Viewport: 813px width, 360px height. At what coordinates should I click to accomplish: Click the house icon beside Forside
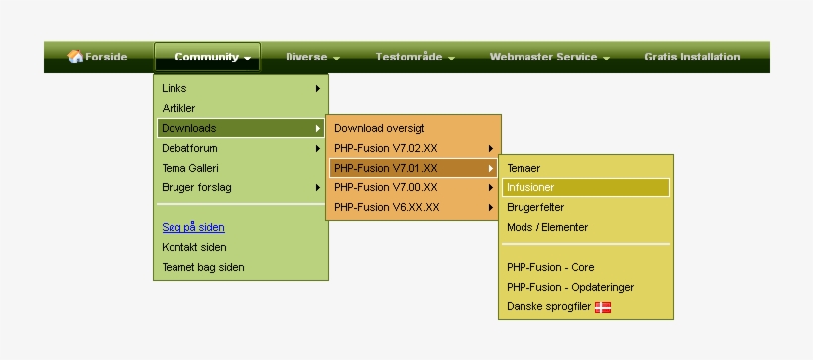[x=75, y=57]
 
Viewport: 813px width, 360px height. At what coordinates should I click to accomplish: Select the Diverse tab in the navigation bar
[x=312, y=57]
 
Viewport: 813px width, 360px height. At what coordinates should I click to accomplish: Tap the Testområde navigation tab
[x=414, y=57]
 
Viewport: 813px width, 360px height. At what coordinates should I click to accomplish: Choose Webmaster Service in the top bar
[x=548, y=57]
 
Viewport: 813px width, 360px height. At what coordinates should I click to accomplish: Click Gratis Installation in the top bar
[x=692, y=57]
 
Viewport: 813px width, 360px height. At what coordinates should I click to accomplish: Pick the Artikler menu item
[x=179, y=108]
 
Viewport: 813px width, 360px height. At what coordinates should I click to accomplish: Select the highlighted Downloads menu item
[x=189, y=128]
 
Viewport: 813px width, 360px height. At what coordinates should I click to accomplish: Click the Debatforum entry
[x=190, y=148]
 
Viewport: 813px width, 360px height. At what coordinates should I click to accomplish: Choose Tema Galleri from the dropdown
[x=190, y=168]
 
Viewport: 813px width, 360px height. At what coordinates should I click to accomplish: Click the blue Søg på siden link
[x=193, y=227]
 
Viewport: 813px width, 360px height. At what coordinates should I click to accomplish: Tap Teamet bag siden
[x=203, y=267]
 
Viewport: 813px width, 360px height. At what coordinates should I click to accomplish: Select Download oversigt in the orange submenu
[x=379, y=128]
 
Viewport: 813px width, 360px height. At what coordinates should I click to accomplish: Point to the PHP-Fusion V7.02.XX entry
[x=386, y=148]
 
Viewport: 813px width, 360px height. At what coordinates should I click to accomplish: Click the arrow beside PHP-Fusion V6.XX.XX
[x=491, y=207]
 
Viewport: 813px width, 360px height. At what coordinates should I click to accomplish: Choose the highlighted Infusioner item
[x=531, y=187]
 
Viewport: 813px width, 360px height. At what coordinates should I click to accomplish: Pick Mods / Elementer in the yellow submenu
[x=547, y=227]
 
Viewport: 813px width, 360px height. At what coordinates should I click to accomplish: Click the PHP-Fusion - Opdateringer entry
[x=570, y=287]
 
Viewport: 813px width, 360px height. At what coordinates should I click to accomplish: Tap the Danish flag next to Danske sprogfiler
[x=603, y=307]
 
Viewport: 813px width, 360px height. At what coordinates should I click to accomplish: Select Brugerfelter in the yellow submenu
[x=535, y=207]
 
